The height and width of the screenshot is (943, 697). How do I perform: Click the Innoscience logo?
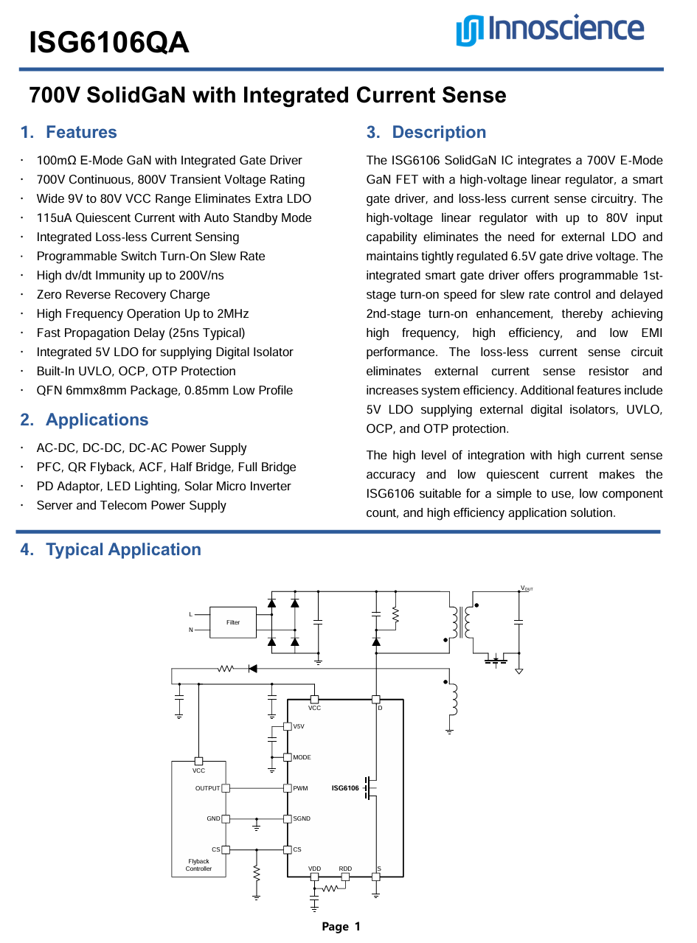click(x=549, y=29)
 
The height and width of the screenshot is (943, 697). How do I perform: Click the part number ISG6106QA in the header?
click(x=109, y=44)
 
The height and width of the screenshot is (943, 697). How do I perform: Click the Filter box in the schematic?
click(x=233, y=622)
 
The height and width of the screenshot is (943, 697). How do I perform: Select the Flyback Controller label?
click(x=198, y=865)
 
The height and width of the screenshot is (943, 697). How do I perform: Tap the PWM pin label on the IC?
click(x=300, y=788)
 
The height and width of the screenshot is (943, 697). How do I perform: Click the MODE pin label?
click(x=302, y=757)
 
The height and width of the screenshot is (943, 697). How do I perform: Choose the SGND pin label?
click(x=302, y=819)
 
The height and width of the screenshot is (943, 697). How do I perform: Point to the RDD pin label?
click(x=345, y=869)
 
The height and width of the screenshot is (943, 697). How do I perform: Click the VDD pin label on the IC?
click(x=315, y=869)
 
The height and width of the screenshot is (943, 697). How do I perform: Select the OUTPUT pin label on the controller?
click(x=207, y=788)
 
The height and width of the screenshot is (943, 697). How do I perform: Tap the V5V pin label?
click(x=299, y=726)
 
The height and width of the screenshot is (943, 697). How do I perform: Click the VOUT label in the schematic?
click(x=527, y=588)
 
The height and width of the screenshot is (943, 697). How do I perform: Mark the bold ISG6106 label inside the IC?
click(x=345, y=788)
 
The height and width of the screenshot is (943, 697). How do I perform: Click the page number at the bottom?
click(x=341, y=927)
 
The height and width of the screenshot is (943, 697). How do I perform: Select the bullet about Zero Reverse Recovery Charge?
click(x=123, y=295)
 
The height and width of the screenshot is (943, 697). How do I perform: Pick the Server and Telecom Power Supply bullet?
click(x=131, y=506)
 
